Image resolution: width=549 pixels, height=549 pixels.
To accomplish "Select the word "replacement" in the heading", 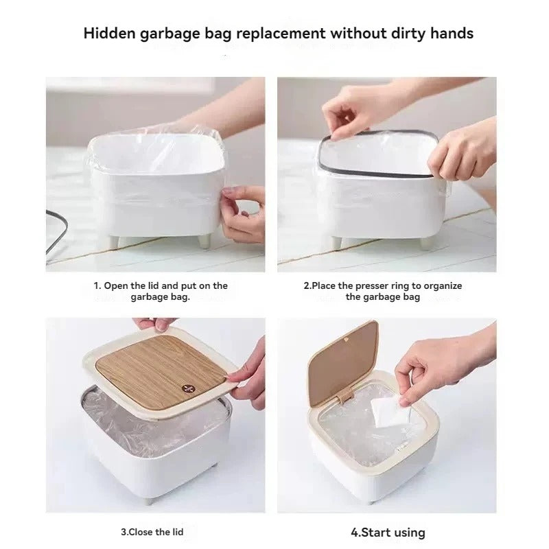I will tap(283, 33).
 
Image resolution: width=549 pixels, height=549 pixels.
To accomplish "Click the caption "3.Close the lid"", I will tap(152, 531).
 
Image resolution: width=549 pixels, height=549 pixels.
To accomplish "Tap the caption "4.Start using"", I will tap(388, 532).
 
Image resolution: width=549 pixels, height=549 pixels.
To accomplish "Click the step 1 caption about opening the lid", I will tap(161, 291).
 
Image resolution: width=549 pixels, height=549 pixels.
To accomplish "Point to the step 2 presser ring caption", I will tap(383, 291).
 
